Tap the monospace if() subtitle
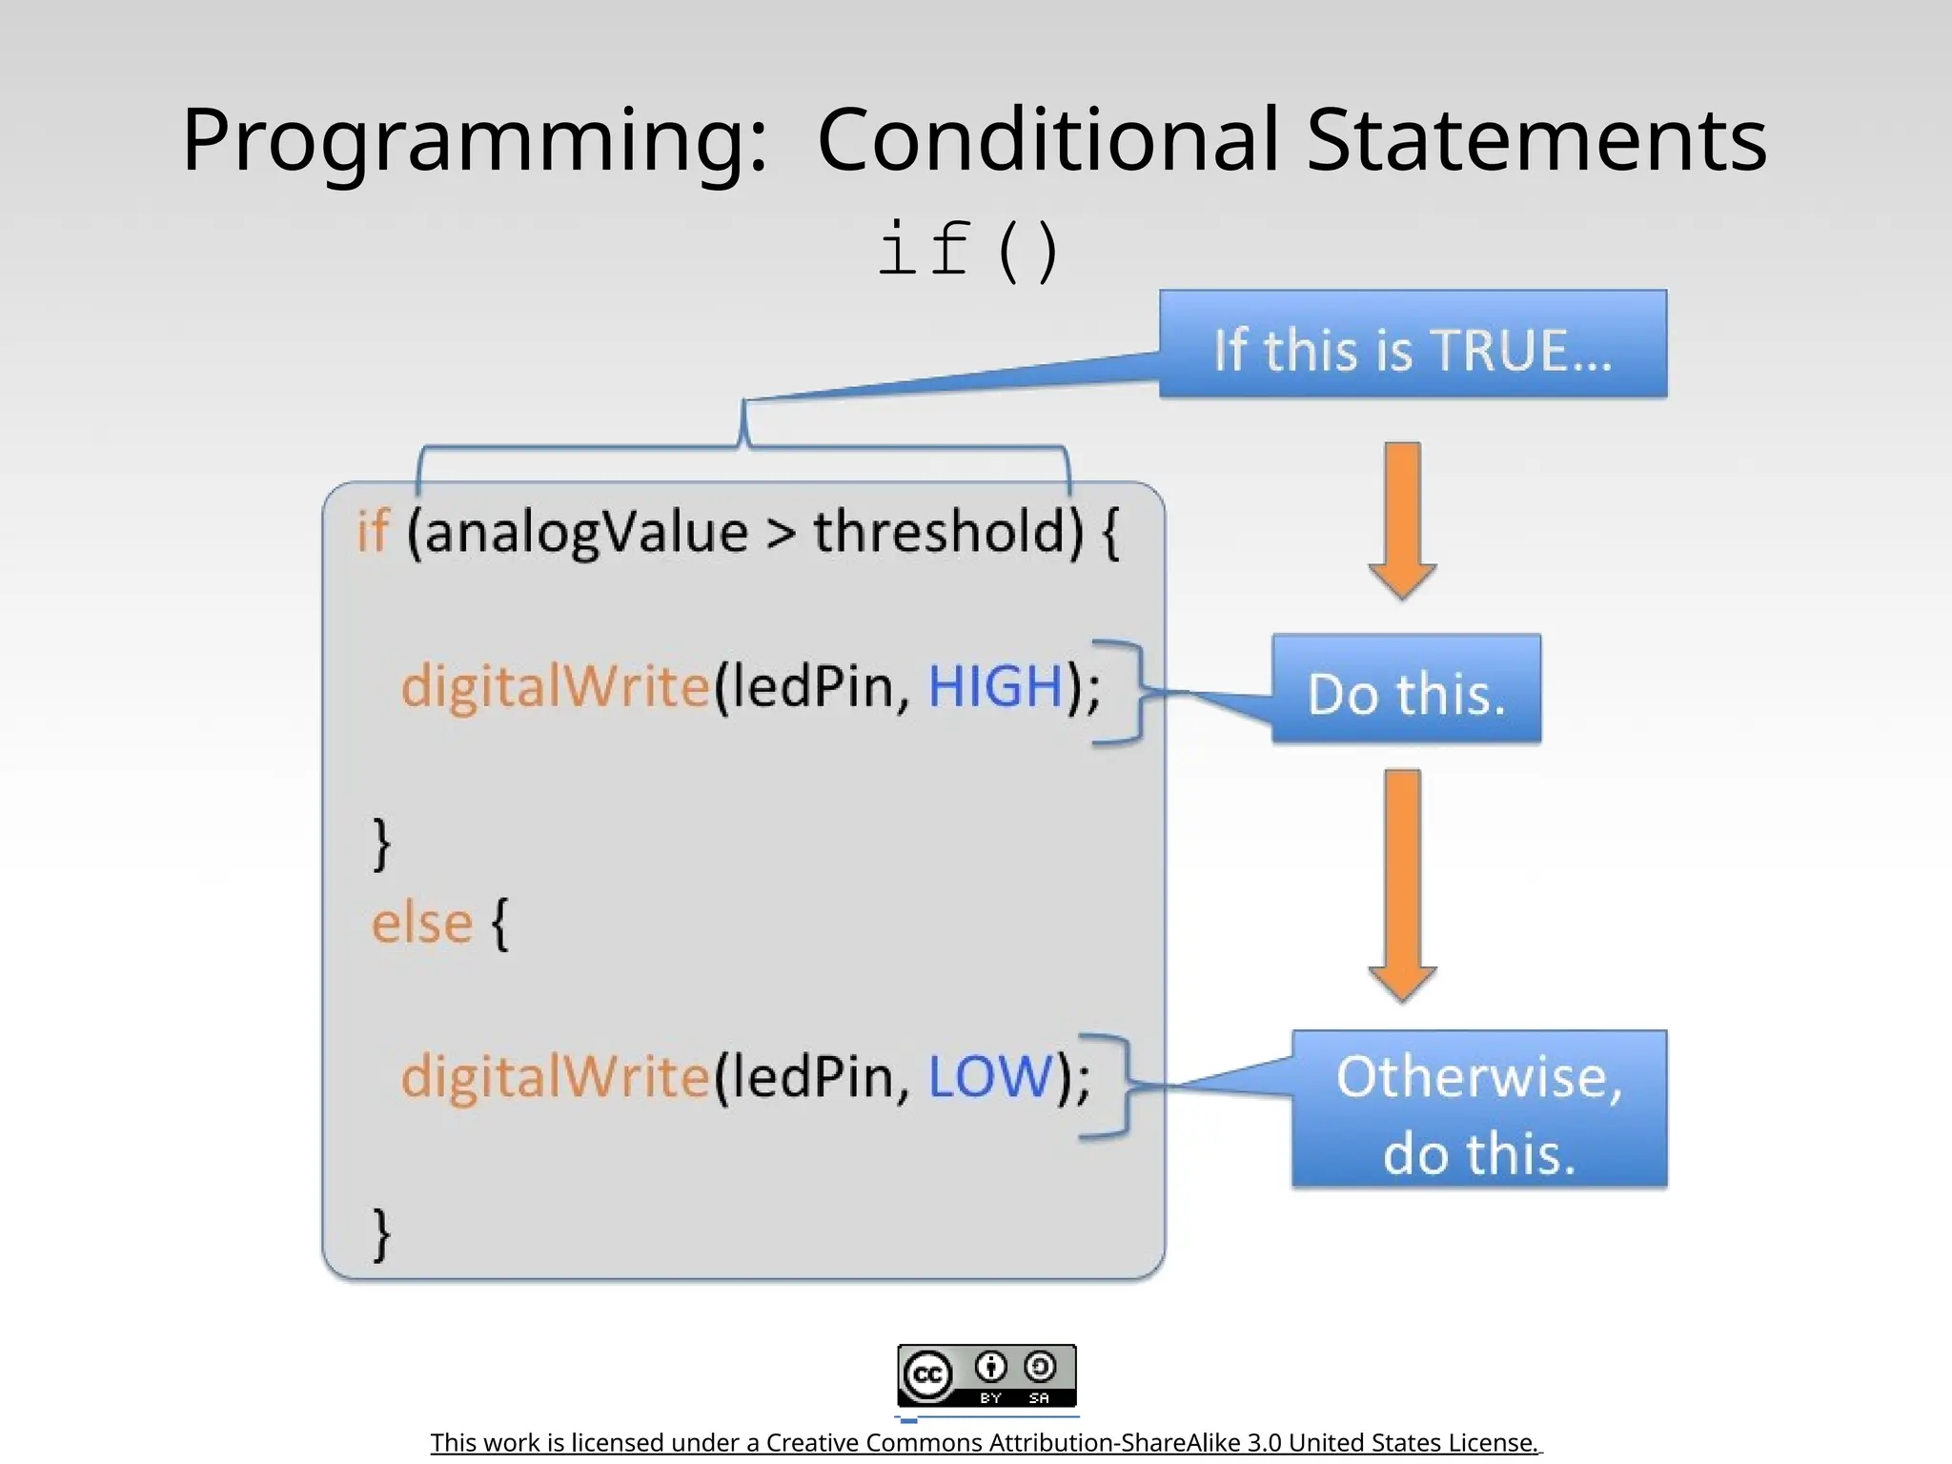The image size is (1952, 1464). pos(967,250)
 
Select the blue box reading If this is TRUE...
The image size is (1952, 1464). pos(1413,345)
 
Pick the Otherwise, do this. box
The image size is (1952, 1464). pos(1479,1109)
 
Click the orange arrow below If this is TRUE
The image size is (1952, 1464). pos(1402,519)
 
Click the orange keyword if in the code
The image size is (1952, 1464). pos(373,532)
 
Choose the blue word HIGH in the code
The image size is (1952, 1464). pos(995,686)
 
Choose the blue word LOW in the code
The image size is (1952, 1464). pos(990,1077)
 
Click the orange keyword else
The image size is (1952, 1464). pos(421,923)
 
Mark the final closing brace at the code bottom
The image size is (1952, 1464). pos(381,1233)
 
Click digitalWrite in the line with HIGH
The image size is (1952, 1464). pos(556,686)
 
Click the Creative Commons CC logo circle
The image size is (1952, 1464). pos(927,1375)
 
